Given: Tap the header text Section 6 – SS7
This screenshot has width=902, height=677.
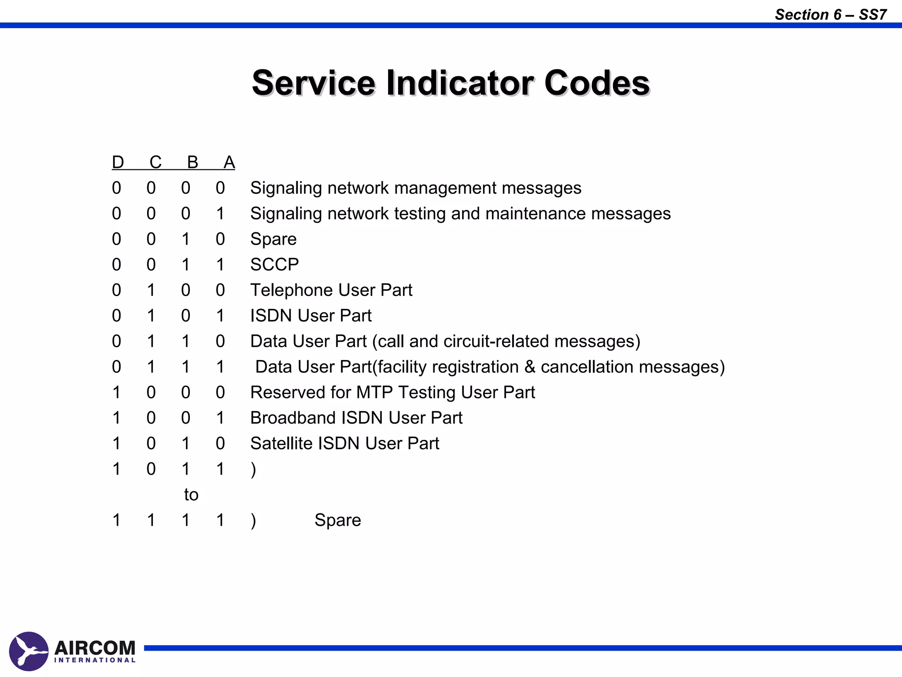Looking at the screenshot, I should [x=831, y=15].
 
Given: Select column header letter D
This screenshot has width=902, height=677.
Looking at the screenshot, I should [x=118, y=162].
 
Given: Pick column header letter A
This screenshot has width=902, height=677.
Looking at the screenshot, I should [x=229, y=162].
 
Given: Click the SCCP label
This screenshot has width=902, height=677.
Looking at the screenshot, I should [x=274, y=264].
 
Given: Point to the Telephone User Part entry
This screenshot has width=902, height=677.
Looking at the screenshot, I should [x=331, y=290].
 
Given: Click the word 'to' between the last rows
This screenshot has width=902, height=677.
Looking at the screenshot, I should [x=191, y=495].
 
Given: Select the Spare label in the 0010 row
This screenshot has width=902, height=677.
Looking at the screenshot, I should [x=274, y=239].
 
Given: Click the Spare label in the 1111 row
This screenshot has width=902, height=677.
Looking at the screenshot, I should [x=338, y=520].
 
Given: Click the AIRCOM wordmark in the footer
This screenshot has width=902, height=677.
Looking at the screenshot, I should [x=95, y=648].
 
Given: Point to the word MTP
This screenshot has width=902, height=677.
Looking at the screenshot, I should [x=375, y=392].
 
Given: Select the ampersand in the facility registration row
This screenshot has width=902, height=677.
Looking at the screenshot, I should [x=529, y=367].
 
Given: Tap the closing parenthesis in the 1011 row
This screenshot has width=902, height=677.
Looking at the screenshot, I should [x=253, y=469].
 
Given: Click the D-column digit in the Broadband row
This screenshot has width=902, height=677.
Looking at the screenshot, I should [x=116, y=418].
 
